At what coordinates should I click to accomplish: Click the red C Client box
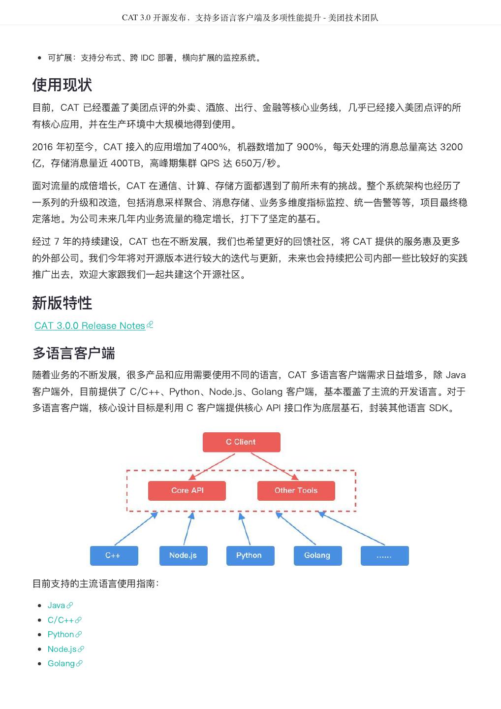(241, 442)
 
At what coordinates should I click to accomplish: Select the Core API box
(187, 490)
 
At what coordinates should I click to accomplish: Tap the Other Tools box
(296, 490)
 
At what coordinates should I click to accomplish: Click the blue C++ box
(114, 555)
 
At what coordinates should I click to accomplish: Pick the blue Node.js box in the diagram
(183, 555)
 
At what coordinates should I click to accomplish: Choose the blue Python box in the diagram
(250, 555)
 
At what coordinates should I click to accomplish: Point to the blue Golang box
(317, 555)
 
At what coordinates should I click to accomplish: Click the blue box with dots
(384, 555)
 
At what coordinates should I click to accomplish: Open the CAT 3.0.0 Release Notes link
(90, 326)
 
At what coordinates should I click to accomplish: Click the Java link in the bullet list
(57, 605)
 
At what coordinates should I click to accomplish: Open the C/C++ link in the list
(61, 620)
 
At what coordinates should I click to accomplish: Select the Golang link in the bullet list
(61, 663)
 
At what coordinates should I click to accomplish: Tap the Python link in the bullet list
(61, 634)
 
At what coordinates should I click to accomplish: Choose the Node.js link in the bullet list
(62, 649)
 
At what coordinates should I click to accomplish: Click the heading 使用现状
(62, 85)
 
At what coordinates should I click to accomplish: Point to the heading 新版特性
(62, 303)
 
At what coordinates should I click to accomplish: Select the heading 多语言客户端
(74, 353)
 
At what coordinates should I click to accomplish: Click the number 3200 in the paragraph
(451, 147)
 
